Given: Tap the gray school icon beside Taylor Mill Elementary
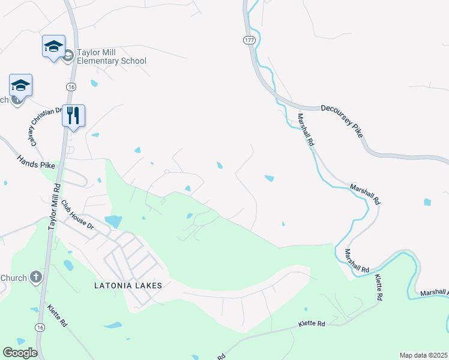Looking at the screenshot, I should tap(68, 56).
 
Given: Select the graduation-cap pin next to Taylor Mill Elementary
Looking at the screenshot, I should tap(53, 46).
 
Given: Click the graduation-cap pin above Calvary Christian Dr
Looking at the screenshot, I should tap(20, 86).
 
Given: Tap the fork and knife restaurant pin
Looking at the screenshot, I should tap(73, 116).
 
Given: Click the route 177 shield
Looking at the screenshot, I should tap(249, 40).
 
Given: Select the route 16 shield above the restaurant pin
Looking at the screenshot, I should tap(71, 87).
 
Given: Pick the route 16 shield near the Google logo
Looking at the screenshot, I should tap(40, 327).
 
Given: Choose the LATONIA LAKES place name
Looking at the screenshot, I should tap(128, 286).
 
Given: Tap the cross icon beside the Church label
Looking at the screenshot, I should tap(35, 277).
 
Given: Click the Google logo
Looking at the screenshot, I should tap(19, 352).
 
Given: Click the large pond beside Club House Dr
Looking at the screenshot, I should tap(113, 221).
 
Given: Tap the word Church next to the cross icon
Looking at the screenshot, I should tap(13, 278).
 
